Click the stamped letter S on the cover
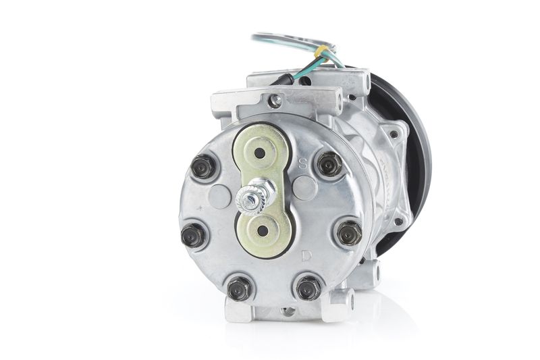[x=302, y=163]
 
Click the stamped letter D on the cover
[x=306, y=256]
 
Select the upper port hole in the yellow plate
[x=260, y=153]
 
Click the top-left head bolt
[x=203, y=167]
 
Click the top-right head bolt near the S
[x=329, y=164]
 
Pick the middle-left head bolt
[x=193, y=235]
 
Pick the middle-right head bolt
[x=350, y=233]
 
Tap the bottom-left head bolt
[x=240, y=288]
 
